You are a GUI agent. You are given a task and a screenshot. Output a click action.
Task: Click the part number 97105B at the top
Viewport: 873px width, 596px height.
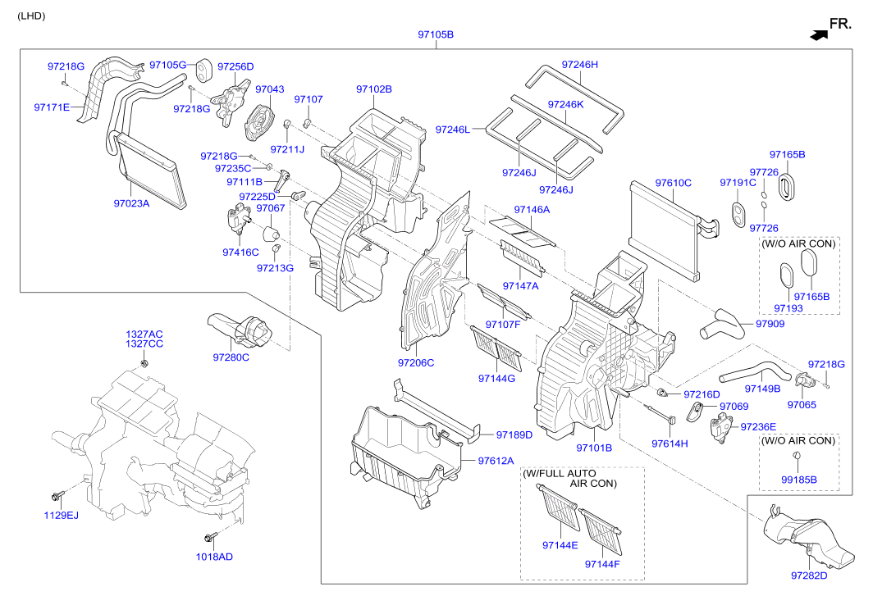point(436,34)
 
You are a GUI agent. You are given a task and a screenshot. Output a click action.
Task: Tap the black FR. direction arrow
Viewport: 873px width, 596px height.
point(819,35)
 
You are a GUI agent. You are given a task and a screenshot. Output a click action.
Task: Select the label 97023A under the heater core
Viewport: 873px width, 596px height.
point(131,203)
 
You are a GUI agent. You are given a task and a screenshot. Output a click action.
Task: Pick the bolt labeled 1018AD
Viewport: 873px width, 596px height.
point(210,537)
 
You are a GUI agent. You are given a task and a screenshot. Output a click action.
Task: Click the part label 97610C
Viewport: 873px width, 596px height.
point(673,183)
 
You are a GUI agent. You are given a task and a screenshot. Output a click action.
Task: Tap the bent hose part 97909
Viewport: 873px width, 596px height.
point(721,325)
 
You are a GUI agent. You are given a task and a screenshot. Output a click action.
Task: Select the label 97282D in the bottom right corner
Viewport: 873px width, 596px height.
point(809,576)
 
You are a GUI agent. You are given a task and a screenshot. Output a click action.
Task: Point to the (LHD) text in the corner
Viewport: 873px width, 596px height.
point(31,16)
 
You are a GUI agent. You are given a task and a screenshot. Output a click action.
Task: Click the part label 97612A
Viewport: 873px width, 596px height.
point(496,461)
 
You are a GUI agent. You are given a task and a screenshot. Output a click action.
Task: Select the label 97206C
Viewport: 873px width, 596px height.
point(416,363)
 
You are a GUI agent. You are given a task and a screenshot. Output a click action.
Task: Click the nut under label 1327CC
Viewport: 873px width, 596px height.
point(144,363)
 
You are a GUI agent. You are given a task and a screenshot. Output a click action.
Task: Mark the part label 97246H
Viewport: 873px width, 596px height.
point(579,65)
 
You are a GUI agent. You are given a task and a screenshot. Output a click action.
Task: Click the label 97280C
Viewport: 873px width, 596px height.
point(231,357)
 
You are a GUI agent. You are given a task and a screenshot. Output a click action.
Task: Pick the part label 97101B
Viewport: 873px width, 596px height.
point(594,448)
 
